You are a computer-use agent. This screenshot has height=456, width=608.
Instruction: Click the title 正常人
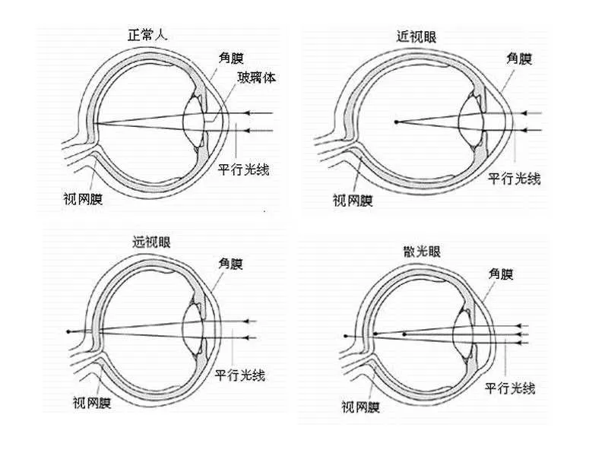coord(147,35)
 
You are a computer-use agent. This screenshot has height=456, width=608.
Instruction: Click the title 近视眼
coord(416,36)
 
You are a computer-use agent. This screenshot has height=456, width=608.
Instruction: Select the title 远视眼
coord(151,242)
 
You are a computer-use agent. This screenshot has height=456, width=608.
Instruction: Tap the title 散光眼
coord(422,252)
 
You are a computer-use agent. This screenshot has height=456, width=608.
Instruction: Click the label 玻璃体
coord(256,78)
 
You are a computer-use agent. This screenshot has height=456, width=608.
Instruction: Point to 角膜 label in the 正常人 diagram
coord(231,58)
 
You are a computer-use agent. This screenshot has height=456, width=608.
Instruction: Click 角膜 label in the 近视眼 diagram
coord(519,59)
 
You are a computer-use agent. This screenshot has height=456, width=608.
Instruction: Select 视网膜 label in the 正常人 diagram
coord(83,199)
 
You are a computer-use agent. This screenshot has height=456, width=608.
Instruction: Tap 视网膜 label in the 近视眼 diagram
coord(353,201)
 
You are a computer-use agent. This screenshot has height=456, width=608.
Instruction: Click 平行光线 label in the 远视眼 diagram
coord(240,375)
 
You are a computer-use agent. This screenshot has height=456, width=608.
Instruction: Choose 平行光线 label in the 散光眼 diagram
coord(510,388)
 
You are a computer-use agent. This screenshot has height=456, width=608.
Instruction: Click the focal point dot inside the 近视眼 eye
coord(396,122)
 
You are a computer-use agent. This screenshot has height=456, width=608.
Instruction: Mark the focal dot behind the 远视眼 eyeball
coord(68,331)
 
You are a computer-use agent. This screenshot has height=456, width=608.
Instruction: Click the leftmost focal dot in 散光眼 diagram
coord(346,336)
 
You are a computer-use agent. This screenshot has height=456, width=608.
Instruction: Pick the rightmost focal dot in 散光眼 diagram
coord(404,334)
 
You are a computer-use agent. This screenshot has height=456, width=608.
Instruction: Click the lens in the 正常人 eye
coord(195,121)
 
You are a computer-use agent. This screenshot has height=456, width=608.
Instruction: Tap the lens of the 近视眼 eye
coord(471,121)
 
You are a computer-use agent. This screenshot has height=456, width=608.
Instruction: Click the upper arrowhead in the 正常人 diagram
coord(247,112)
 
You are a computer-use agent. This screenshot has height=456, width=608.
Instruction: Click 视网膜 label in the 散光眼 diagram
coord(360,407)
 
